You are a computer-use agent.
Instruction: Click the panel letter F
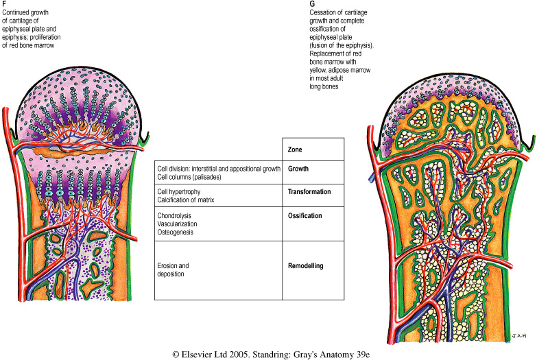(x=5, y=4)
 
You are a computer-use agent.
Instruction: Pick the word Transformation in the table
(x=313, y=192)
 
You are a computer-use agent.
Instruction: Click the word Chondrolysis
(x=176, y=215)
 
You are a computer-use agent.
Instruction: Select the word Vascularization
(x=180, y=224)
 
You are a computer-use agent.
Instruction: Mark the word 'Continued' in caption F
(x=17, y=12)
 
